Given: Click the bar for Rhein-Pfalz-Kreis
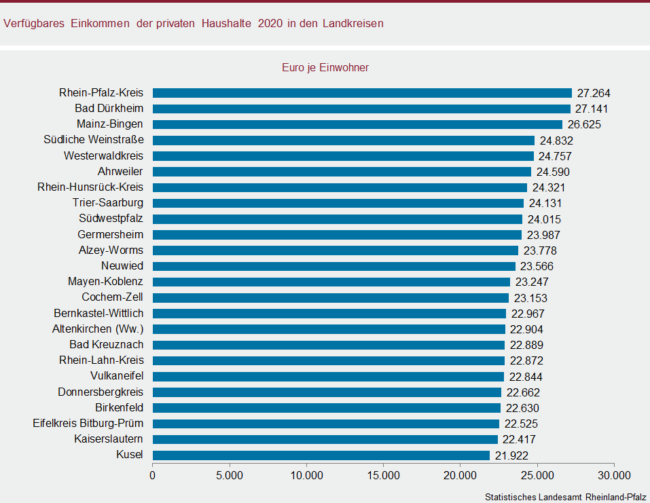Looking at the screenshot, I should (362, 93).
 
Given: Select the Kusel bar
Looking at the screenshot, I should (321, 455).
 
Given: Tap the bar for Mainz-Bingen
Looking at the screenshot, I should (357, 124).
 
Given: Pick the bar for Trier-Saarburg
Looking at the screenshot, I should (338, 203).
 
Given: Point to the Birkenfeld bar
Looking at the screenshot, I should (326, 408).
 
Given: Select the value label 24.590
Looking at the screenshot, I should (553, 172).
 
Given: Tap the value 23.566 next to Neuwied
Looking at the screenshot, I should (537, 266).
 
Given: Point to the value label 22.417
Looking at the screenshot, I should (520, 439).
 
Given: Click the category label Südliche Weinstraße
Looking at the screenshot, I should (94, 140).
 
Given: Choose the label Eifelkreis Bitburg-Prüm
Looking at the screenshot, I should (88, 424).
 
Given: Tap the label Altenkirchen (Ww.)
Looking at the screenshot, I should (98, 329).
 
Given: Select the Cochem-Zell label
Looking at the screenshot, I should (113, 297).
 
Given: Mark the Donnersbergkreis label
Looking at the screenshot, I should (101, 392).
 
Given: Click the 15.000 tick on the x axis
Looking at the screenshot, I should (383, 475).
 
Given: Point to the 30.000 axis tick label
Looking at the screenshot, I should (614, 475).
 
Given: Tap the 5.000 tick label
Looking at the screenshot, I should (230, 475).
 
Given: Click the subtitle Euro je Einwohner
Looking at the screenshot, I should (325, 68).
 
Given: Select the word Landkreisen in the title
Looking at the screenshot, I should (353, 24).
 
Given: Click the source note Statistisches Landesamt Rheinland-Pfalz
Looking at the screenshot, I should (565, 497).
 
